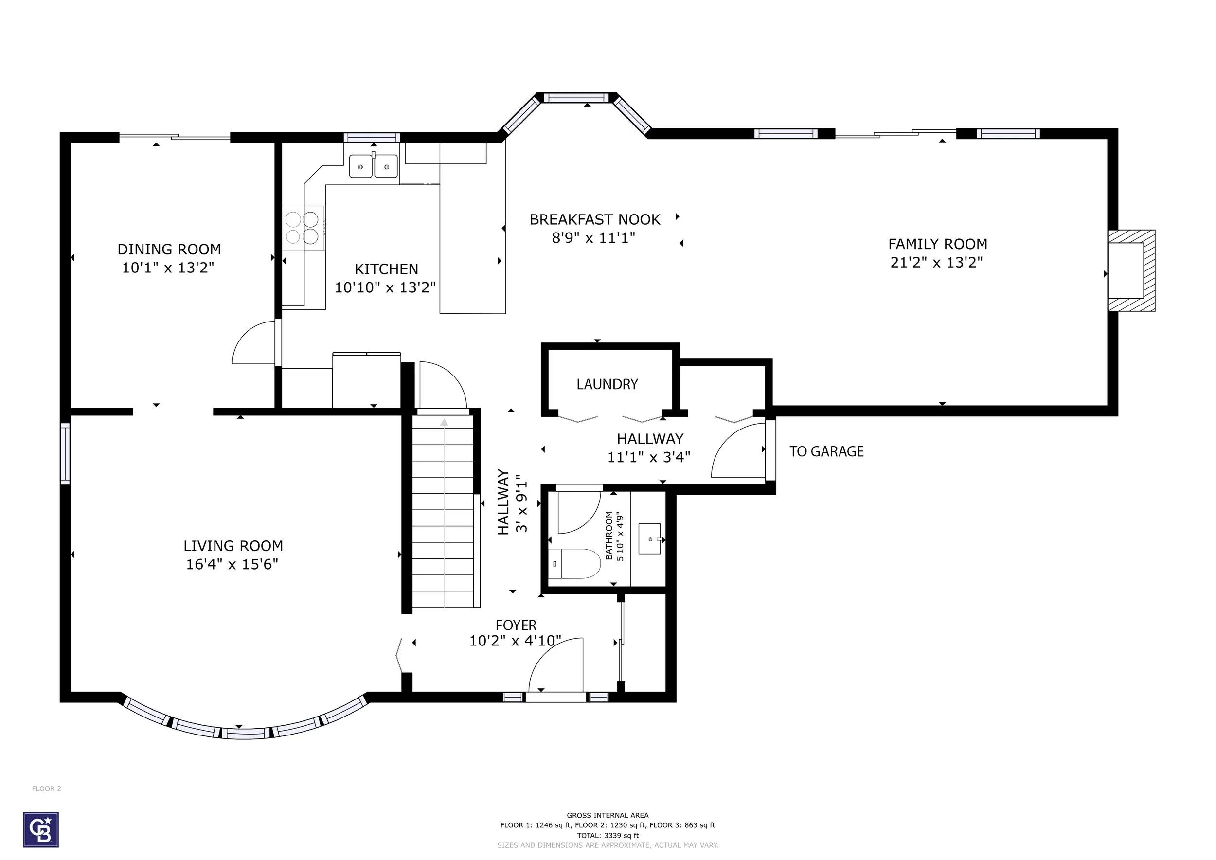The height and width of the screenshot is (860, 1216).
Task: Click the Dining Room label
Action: coord(169,249)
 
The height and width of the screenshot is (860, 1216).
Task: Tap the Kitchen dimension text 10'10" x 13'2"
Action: coord(386,287)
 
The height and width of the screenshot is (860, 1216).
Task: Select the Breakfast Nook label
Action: coord(595,219)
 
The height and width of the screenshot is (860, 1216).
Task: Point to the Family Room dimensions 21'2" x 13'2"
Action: coord(936,262)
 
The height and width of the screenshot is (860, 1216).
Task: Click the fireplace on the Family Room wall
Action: coord(1131,270)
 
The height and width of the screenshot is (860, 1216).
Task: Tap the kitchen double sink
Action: coord(374,166)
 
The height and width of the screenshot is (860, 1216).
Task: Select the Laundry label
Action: coord(607,384)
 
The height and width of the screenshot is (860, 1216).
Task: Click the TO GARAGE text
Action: coord(826,451)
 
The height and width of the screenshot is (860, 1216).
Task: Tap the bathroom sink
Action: coord(650,539)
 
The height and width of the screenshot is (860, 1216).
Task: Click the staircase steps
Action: coord(443,511)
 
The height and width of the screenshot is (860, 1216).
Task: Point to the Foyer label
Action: coord(516,626)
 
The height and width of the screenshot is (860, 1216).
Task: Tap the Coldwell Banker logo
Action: coord(41,830)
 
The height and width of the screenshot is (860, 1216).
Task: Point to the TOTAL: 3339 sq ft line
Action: coord(608,836)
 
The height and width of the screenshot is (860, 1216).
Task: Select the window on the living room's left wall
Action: coord(65,454)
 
